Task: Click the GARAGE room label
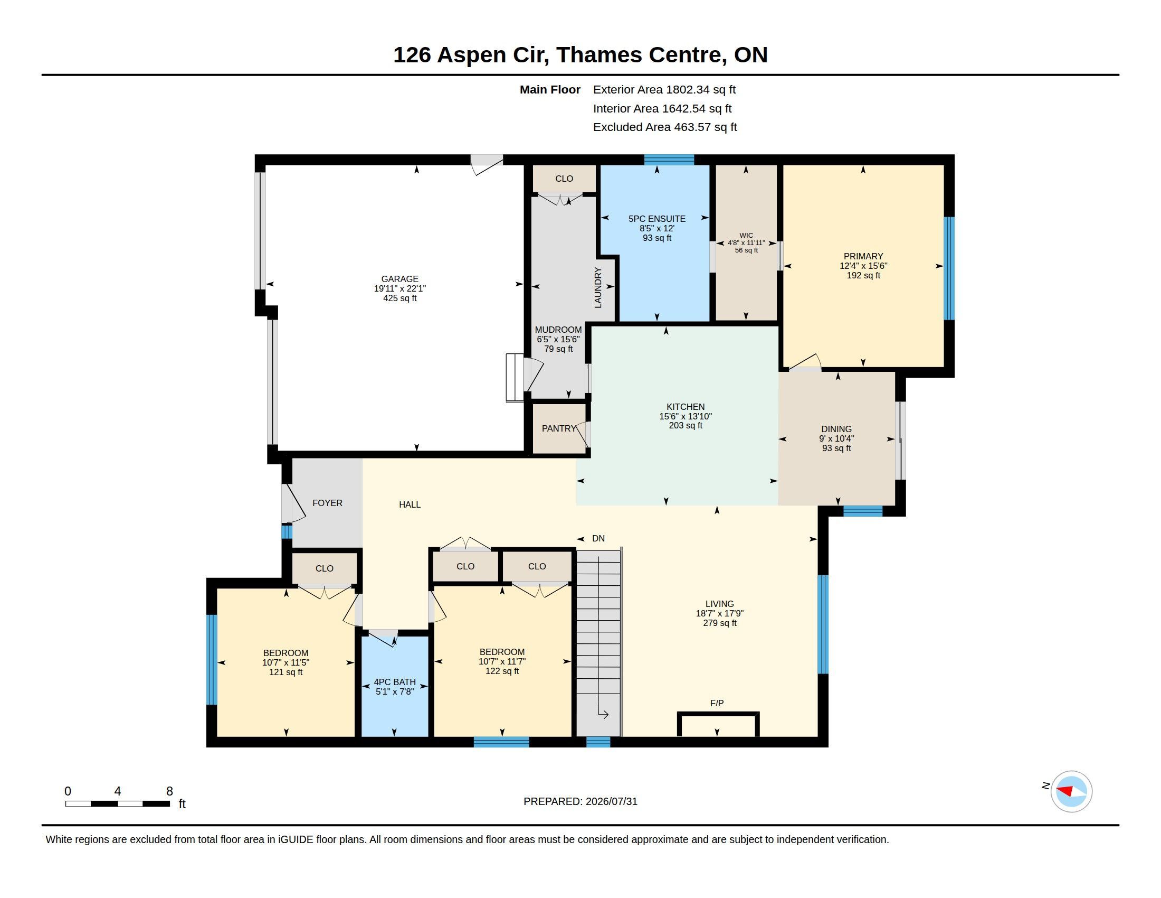pos(400,279)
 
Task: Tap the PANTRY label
pos(559,428)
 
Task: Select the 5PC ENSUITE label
pos(657,219)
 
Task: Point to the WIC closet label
pos(746,235)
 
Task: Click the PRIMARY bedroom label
pos(863,256)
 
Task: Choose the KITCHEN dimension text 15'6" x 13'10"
pos(686,417)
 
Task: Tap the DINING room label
pos(836,429)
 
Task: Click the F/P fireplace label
pos(717,703)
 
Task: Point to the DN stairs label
pos(598,538)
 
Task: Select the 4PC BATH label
pos(394,682)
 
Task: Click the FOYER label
pos(328,503)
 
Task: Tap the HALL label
pos(410,504)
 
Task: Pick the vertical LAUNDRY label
pos(598,287)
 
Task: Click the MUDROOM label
pos(558,330)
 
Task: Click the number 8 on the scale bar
pos(169,791)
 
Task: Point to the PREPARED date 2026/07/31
pos(611,802)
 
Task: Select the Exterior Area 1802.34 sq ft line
pos(664,90)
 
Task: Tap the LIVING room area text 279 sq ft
pos(720,623)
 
